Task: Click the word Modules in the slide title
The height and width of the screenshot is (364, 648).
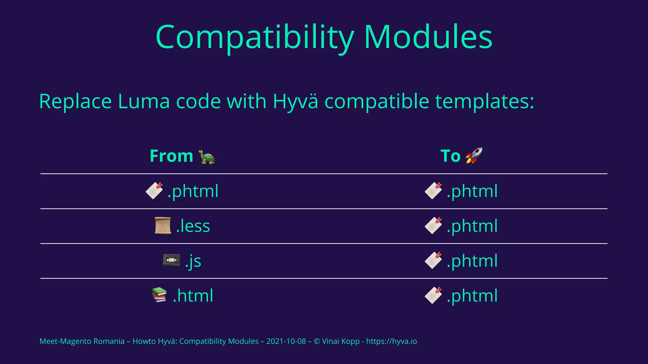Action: (x=428, y=37)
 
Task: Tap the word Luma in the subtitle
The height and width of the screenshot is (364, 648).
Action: (x=144, y=101)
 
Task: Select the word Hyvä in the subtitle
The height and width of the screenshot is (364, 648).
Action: (x=295, y=101)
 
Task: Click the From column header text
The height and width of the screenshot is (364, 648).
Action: (x=171, y=156)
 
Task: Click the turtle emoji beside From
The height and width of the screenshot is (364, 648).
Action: (x=207, y=157)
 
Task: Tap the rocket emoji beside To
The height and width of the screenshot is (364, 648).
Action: (x=474, y=155)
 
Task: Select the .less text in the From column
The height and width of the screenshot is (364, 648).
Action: (x=193, y=226)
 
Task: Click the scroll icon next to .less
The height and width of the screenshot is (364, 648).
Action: (x=163, y=226)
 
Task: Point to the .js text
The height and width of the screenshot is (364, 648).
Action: (x=193, y=261)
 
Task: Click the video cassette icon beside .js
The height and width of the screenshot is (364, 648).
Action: (x=171, y=260)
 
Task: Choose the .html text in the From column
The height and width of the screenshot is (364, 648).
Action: (x=193, y=296)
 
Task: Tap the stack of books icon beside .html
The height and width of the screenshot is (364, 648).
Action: (x=159, y=295)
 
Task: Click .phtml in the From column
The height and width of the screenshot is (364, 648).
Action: (x=193, y=191)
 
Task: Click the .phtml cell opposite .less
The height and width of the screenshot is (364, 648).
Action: (x=472, y=226)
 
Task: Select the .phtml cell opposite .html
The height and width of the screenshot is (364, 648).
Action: (x=472, y=296)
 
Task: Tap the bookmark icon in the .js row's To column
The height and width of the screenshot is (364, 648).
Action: (x=433, y=260)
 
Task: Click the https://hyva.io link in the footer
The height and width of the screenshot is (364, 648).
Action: (x=391, y=341)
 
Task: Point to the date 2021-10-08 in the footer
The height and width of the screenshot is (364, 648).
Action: (x=286, y=341)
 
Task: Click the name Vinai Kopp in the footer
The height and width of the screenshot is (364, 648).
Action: (x=340, y=341)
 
